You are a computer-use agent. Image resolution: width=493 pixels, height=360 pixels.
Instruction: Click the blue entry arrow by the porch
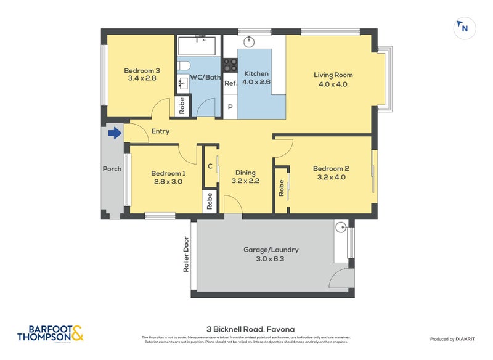(x=115, y=133)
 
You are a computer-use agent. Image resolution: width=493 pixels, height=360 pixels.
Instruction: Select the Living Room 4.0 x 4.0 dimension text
(x=333, y=84)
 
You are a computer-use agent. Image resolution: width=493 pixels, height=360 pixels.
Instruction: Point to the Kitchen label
(x=256, y=73)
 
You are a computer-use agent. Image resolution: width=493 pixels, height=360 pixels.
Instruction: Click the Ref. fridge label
(x=230, y=83)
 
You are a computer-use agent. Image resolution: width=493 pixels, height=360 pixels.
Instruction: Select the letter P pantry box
(x=230, y=107)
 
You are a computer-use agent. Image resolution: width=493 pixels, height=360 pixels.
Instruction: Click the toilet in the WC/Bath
(x=184, y=66)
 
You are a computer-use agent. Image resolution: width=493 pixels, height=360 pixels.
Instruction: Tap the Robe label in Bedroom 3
(x=182, y=106)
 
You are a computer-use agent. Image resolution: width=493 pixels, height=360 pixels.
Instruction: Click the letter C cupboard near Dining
(x=210, y=165)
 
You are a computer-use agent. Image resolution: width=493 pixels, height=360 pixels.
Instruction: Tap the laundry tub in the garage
(x=342, y=227)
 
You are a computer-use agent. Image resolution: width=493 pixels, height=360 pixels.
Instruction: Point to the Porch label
(x=112, y=168)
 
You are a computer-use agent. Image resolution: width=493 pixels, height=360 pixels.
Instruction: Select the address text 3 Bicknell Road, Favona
(x=246, y=330)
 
